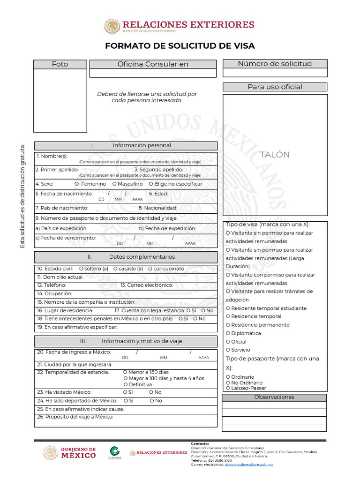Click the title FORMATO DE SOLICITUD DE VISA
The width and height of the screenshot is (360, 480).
(x=180, y=45)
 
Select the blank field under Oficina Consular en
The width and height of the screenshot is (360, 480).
(x=153, y=73)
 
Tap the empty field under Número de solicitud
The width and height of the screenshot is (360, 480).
(x=275, y=73)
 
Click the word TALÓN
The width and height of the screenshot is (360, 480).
(x=275, y=155)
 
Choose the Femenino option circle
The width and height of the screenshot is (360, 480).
(x=76, y=184)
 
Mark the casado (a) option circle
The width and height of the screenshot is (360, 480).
(x=115, y=269)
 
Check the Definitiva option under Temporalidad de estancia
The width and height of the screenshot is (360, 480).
(x=125, y=384)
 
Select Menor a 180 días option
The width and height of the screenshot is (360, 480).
(x=125, y=372)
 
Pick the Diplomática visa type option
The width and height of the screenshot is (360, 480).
(x=228, y=334)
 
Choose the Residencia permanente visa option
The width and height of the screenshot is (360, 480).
(x=228, y=325)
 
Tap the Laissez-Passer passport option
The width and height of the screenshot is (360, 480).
(x=228, y=388)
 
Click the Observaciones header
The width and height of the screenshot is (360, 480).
(x=274, y=397)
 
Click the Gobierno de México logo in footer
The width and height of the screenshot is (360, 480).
(x=70, y=453)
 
